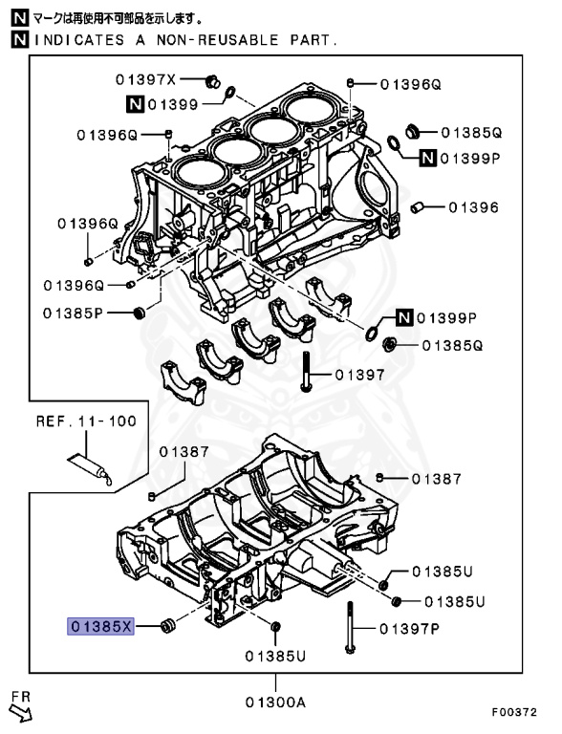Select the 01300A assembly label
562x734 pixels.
(275, 702)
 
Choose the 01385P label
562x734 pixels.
(74, 313)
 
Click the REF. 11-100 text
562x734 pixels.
(86, 421)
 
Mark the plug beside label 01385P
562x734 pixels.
(142, 313)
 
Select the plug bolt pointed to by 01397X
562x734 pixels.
(213, 79)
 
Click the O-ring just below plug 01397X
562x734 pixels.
(229, 94)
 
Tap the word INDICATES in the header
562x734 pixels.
(72, 40)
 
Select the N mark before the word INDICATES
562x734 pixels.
(19, 40)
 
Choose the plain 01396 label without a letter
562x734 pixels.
(474, 206)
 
